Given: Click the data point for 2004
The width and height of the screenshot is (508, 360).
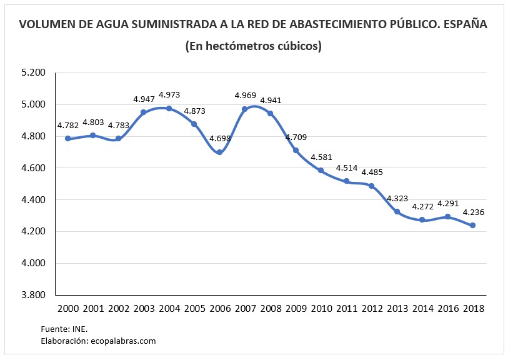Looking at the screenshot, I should point(169,108).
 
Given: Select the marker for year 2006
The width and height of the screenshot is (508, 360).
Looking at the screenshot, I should point(219,152).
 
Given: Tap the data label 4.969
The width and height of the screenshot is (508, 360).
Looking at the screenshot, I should point(245,95).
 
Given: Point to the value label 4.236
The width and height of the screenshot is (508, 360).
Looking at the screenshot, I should point(473,212).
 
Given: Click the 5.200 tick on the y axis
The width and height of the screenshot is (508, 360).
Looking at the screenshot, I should point(33,72).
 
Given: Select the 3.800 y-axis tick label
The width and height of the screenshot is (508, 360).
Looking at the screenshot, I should point(33,295).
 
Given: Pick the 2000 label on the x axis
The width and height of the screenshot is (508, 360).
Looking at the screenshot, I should point(67,308).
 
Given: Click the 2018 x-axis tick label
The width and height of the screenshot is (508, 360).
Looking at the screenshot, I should point(472,308).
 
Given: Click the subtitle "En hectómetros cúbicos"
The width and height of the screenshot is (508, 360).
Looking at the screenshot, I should point(253,46).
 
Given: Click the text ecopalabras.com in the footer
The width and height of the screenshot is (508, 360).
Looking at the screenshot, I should point(123,341).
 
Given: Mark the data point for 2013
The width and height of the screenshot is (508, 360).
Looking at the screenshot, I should point(397,211).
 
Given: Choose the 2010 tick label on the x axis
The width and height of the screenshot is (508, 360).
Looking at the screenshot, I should point(321,308).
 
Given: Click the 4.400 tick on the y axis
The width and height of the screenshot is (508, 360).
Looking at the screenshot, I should point(33,199).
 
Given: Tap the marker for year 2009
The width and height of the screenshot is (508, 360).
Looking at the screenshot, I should point(296,150).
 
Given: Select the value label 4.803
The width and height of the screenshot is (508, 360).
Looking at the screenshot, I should point(92,122).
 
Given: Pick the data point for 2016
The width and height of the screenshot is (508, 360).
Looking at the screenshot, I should point(447,216).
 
